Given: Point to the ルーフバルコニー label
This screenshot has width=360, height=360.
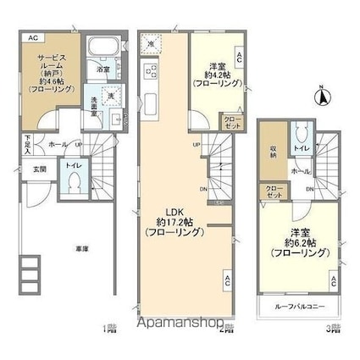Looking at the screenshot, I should [x=301, y=305].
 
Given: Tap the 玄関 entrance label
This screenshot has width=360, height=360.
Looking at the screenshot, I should [x=40, y=167].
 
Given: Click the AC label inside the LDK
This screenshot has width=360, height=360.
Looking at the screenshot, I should [x=227, y=277].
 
